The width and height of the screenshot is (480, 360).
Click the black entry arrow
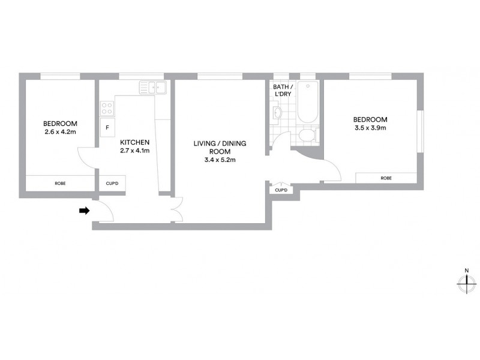[x=85, y=211]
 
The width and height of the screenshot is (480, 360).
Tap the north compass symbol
[x=466, y=284]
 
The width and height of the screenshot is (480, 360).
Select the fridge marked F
[x=107, y=127]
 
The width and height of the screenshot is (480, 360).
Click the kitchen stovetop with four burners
[x=107, y=108]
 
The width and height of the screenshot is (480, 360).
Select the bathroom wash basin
[x=277, y=112]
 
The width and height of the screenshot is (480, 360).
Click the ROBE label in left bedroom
[x=60, y=183]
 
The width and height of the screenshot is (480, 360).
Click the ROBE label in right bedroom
[x=386, y=178]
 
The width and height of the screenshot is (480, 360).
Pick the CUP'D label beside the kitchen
[x=112, y=183]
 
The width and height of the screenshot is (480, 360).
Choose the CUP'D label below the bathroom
[x=281, y=190]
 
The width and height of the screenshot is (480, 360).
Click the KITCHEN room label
[x=134, y=142]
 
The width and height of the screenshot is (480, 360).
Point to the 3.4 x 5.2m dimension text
[x=220, y=160]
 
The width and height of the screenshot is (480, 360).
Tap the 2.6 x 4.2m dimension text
[x=59, y=132]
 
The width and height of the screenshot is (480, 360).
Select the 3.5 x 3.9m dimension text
[x=370, y=127]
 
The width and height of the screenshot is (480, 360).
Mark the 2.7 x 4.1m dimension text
[x=134, y=151]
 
